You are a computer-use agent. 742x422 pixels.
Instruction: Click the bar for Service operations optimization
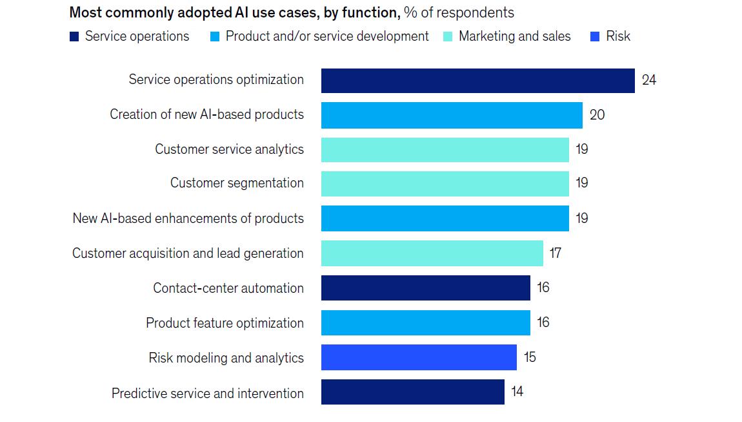[x=477, y=81]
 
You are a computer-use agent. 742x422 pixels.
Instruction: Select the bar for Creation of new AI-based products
[x=452, y=115]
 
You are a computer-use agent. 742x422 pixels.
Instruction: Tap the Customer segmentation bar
[x=445, y=184]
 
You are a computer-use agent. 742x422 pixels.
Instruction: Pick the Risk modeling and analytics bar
[x=419, y=357]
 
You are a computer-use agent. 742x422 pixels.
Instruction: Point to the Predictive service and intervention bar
[x=413, y=392]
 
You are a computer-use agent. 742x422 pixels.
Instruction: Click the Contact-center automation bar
[x=426, y=288]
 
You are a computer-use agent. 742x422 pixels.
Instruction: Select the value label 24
[x=649, y=80]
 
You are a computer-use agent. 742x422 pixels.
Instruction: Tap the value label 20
[x=597, y=115]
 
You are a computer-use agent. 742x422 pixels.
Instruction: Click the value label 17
[x=556, y=253]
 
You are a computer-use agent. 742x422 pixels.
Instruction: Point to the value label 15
[x=530, y=357]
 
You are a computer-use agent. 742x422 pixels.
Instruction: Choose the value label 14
[x=517, y=392]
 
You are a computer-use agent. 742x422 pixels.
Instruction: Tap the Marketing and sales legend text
[x=514, y=37]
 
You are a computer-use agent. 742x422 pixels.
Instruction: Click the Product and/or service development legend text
[x=327, y=37]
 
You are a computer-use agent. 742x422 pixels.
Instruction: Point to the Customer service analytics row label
[x=229, y=149]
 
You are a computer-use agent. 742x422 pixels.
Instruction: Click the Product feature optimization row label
[x=225, y=323]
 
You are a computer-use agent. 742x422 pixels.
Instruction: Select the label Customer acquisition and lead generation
[x=188, y=253]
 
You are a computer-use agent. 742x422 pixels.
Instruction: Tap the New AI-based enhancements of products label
[x=188, y=218]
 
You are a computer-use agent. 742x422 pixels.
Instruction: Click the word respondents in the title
[x=477, y=13]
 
